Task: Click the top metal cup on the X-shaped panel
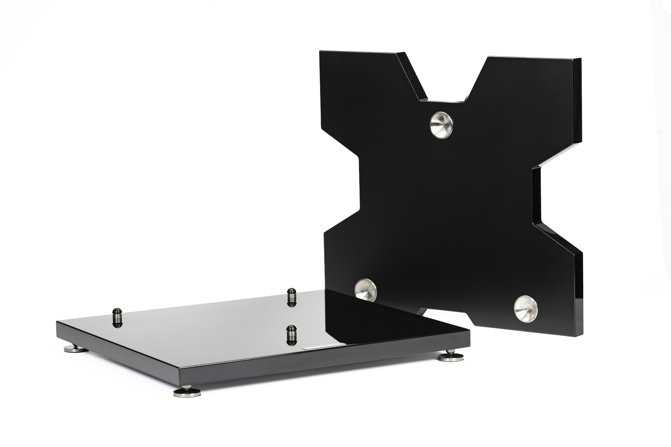[x=441, y=125]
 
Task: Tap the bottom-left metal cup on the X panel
[x=366, y=290]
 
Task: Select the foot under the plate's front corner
[x=187, y=393]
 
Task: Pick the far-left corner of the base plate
[x=57, y=322]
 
